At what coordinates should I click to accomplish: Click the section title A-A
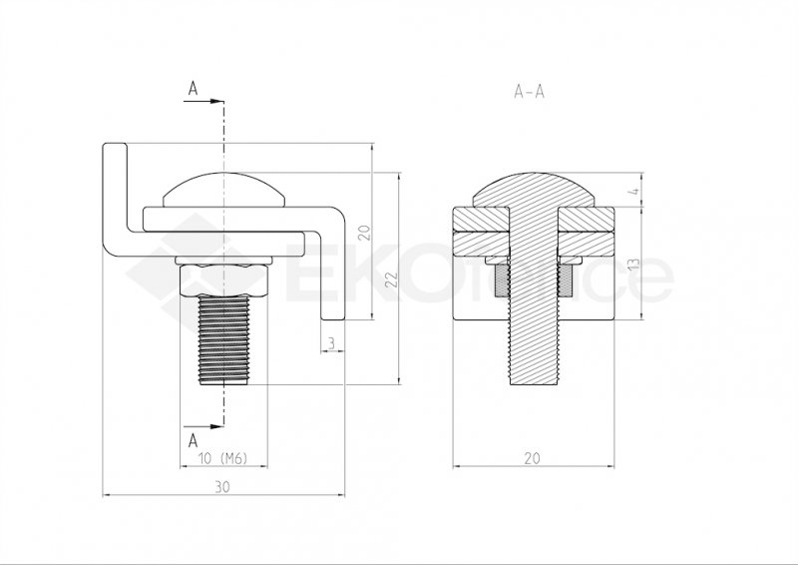[x=528, y=91]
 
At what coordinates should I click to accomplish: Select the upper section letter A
[x=192, y=89]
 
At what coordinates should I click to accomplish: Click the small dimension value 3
[x=330, y=344]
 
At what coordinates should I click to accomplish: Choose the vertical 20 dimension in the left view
[x=364, y=233]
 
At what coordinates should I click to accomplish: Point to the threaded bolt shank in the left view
[x=224, y=339]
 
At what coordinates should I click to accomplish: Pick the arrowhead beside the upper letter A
[x=216, y=100]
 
